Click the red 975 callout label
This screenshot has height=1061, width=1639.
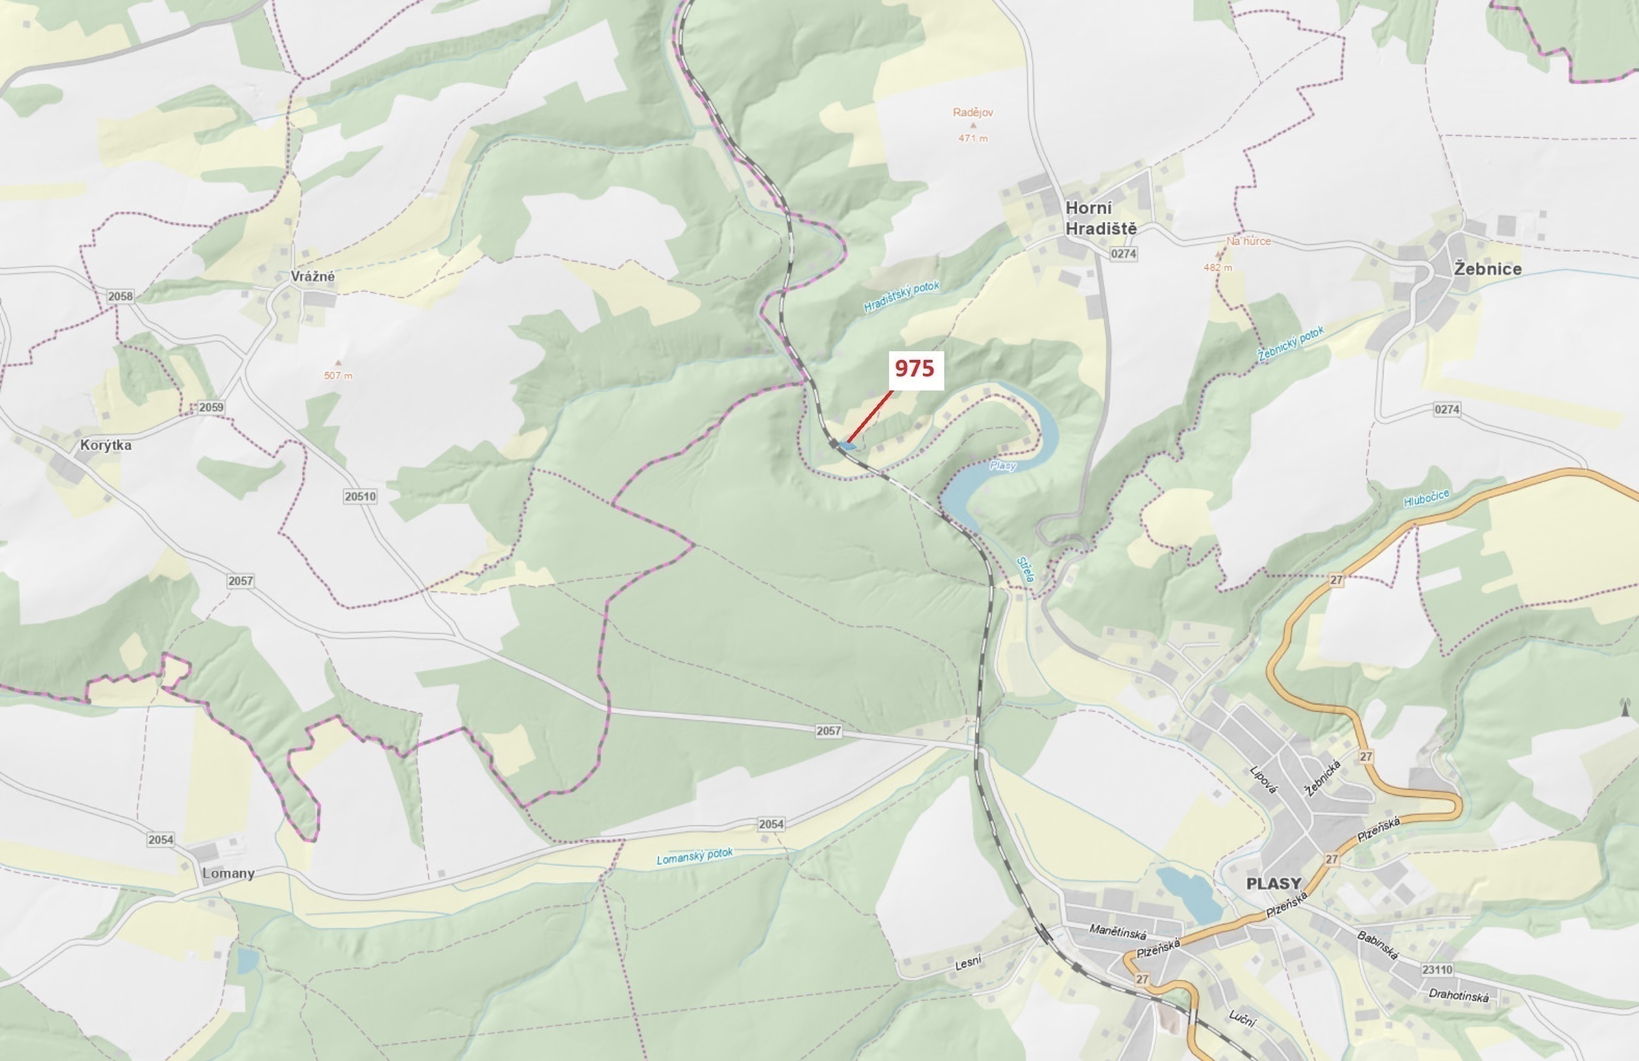[914, 369]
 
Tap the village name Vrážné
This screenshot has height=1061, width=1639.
[313, 276]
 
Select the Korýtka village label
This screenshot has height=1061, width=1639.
[105, 445]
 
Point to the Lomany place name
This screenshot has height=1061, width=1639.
[228, 873]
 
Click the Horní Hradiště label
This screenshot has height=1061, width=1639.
[1101, 218]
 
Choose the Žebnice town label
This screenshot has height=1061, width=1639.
[1487, 269]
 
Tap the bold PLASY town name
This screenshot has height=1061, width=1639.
[1274, 883]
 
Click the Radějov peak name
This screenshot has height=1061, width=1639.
[972, 112]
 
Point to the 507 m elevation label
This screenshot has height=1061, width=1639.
[338, 375]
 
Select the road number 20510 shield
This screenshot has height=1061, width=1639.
[360, 496]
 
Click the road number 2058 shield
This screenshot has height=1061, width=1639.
[120, 296]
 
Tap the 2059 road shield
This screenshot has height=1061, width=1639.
[211, 408]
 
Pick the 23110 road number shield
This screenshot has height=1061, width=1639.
[1437, 969]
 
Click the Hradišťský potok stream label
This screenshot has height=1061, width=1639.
[901, 297]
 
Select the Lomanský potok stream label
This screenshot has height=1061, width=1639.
[694, 856]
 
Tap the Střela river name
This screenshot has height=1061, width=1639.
[1025, 570]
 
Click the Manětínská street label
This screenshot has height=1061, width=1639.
[1118, 931]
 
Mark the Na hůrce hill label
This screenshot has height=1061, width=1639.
[1248, 241]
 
